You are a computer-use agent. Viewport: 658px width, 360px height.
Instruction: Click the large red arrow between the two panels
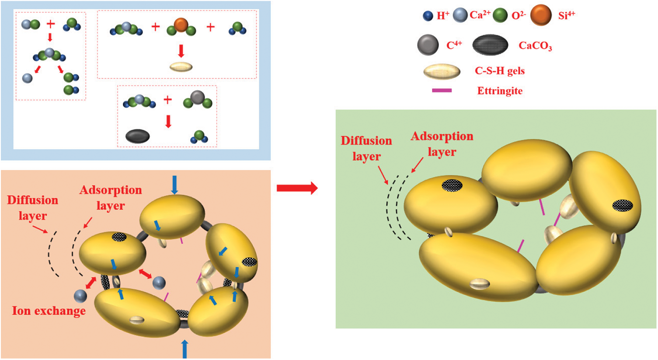click(297, 188)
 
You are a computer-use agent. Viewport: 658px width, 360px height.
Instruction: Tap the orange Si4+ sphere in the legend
click(541, 15)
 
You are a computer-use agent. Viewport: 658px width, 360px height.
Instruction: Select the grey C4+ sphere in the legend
click(428, 45)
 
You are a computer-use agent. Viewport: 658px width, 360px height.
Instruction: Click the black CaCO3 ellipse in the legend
click(490, 45)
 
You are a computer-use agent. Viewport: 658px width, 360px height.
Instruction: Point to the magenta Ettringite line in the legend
click(442, 91)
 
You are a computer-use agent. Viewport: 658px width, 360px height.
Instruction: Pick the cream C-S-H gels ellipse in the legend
click(442, 71)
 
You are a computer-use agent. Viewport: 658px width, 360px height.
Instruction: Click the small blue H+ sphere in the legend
click(428, 16)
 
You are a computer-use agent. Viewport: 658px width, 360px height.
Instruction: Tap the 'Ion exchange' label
click(49, 311)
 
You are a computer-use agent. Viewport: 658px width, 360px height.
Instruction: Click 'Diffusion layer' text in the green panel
click(366, 148)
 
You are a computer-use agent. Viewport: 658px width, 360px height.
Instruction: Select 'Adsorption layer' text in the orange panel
click(111, 198)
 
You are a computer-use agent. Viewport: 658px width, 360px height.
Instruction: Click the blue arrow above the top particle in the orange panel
click(174, 184)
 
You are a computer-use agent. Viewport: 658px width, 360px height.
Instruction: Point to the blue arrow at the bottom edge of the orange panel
click(185, 349)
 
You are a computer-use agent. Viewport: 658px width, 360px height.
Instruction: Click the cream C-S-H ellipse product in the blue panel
click(181, 67)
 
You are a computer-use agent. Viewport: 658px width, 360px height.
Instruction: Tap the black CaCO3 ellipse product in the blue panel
click(138, 136)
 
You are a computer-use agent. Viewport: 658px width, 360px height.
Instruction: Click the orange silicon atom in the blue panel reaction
click(181, 24)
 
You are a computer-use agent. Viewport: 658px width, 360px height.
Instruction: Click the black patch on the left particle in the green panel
click(452, 185)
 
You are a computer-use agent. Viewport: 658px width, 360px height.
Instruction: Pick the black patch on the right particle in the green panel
click(623, 205)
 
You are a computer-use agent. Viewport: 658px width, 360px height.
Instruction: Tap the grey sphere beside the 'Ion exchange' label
click(80, 296)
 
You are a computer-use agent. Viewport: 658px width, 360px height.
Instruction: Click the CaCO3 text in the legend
click(535, 45)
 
